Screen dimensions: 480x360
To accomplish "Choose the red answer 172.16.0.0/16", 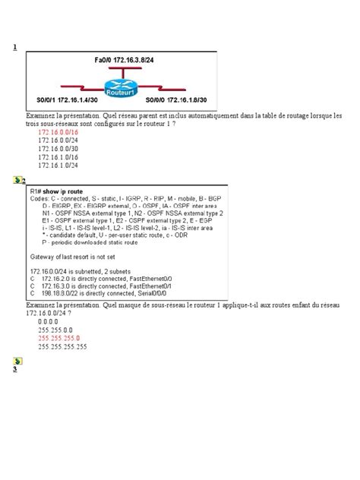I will pos(58,132).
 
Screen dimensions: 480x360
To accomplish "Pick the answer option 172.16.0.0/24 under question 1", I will pos(58,141).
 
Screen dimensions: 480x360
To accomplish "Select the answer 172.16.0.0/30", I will pos(58,148).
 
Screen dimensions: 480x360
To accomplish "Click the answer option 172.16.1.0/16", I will pos(58,156).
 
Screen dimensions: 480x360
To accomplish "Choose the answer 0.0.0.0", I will pos(49,322).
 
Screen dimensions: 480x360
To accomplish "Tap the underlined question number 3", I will pos(14,369).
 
